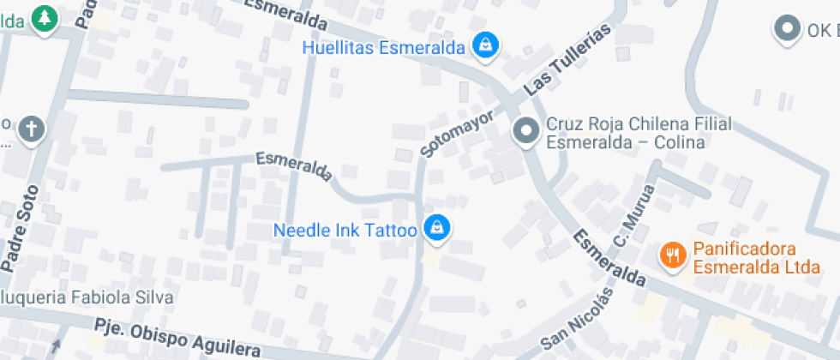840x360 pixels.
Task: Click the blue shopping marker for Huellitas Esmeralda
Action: tap(486, 45)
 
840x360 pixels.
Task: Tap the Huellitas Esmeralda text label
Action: tap(383, 47)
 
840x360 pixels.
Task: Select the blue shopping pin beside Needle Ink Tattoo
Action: tap(437, 228)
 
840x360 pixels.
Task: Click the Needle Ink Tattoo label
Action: tap(345, 231)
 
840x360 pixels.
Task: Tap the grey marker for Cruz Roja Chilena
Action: tap(525, 132)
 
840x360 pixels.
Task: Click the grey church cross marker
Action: tap(32, 130)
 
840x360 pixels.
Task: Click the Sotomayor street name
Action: tap(458, 132)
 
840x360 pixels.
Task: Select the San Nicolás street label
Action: tap(577, 320)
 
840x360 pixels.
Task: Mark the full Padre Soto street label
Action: tap(20, 229)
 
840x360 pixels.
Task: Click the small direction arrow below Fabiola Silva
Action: tap(57, 346)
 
